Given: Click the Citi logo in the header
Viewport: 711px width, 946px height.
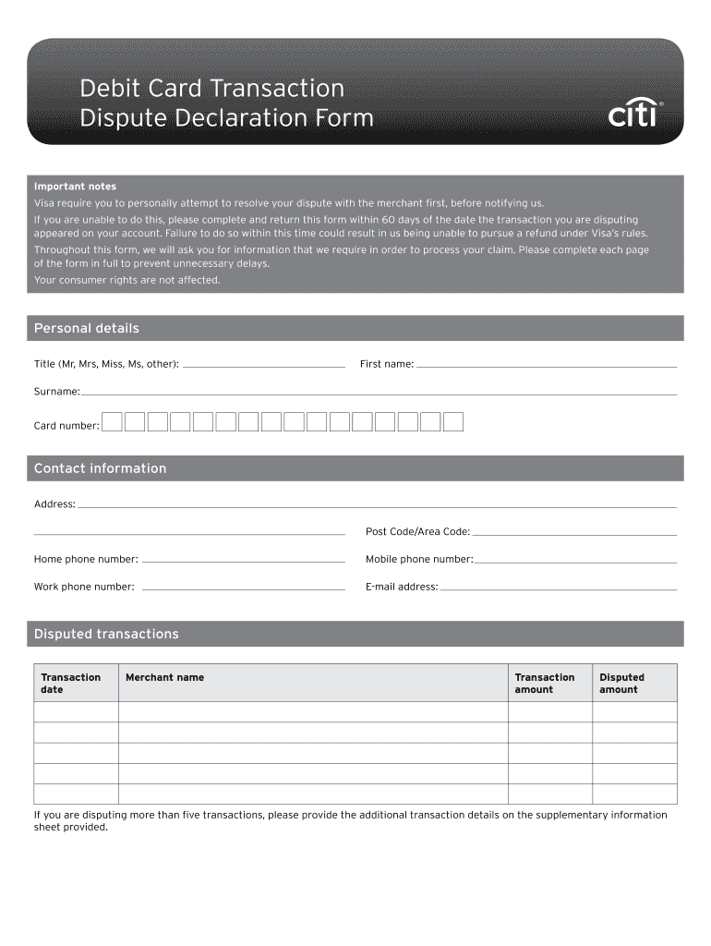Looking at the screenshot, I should [x=634, y=114].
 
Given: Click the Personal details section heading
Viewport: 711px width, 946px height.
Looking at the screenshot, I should [x=87, y=329].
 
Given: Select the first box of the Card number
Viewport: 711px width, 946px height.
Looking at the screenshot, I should [x=112, y=422].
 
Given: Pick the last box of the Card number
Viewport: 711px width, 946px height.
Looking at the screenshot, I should [x=452, y=422].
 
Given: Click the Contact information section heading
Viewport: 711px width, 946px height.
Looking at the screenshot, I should [x=100, y=468].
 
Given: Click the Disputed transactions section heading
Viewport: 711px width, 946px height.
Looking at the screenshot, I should [x=106, y=634].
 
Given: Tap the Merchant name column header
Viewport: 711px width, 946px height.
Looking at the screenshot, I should [x=164, y=677].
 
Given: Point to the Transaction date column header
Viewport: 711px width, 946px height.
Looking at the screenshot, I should [x=70, y=683].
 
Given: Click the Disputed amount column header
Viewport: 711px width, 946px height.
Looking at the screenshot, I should [x=621, y=683].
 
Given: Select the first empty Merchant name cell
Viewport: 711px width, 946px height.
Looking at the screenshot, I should [x=313, y=711].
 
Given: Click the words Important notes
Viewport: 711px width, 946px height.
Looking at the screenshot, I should [x=75, y=187].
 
